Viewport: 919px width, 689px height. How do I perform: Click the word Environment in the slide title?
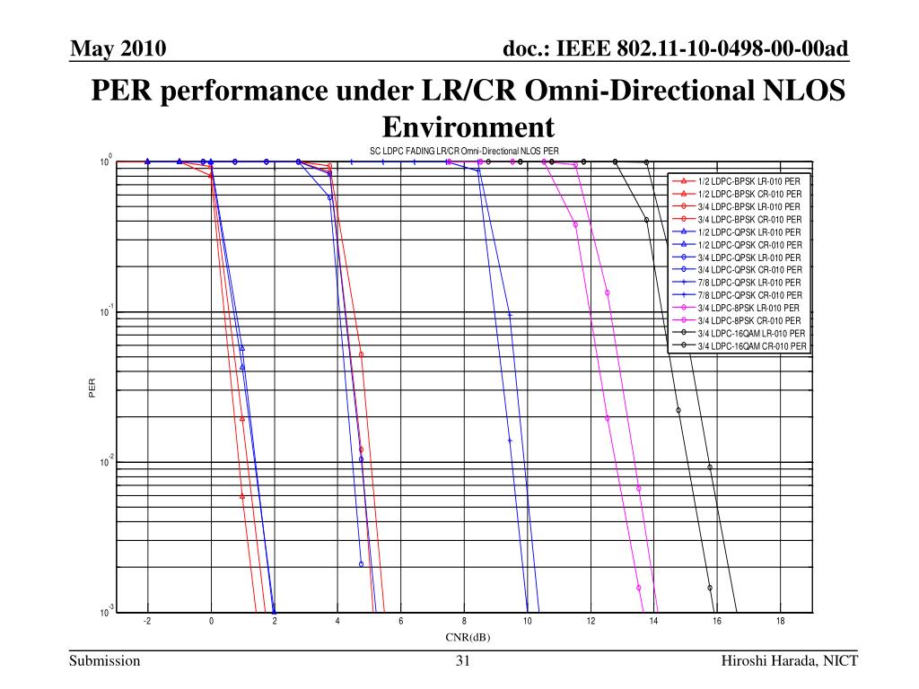point(465,126)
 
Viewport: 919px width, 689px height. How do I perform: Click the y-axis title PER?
point(92,387)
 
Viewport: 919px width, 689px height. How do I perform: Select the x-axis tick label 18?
point(780,622)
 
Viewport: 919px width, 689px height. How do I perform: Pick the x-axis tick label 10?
point(527,622)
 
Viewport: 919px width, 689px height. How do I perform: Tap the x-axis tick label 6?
point(400,622)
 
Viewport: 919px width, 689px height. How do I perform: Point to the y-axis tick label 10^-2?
point(107,462)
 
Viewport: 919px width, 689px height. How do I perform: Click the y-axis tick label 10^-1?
point(107,312)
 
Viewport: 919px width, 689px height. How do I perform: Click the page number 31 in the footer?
point(463,662)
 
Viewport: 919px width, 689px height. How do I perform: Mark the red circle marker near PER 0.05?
point(361,354)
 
